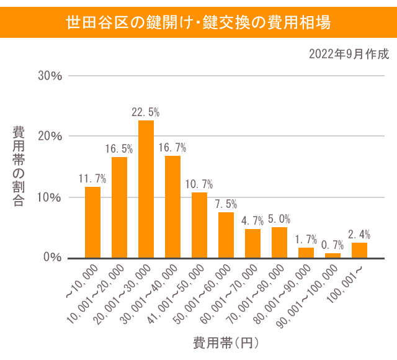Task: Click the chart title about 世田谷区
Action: (x=198, y=24)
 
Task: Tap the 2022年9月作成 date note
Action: (x=349, y=54)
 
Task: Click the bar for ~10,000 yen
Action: (x=92, y=222)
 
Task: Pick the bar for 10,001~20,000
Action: (x=119, y=207)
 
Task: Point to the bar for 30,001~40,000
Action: (x=172, y=207)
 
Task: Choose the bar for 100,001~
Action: (x=359, y=251)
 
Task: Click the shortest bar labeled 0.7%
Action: (x=332, y=255)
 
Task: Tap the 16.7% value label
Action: (x=172, y=148)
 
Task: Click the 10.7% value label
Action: (x=199, y=184)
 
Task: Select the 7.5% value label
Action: (x=226, y=204)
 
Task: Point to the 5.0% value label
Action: (x=279, y=219)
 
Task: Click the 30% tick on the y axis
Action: (x=50, y=76)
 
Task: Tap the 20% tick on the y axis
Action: (x=50, y=137)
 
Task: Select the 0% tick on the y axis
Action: (x=53, y=258)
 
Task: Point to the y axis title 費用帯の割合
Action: (x=19, y=166)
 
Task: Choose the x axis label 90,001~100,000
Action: (x=308, y=295)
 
